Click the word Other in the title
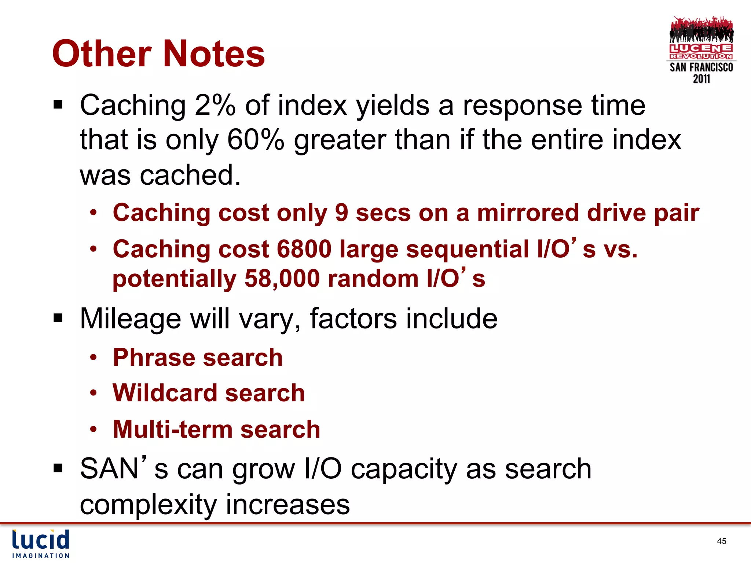[x=102, y=54]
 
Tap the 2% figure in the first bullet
[x=215, y=106]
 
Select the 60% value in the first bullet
[x=256, y=140]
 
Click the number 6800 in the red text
[x=304, y=249]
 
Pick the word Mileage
[x=131, y=318]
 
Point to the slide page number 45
[x=721, y=541]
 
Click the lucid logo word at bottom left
[x=41, y=540]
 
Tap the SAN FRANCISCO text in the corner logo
[x=701, y=67]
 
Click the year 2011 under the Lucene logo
[x=701, y=79]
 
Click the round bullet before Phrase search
[x=94, y=357]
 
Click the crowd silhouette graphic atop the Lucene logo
[x=701, y=30]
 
